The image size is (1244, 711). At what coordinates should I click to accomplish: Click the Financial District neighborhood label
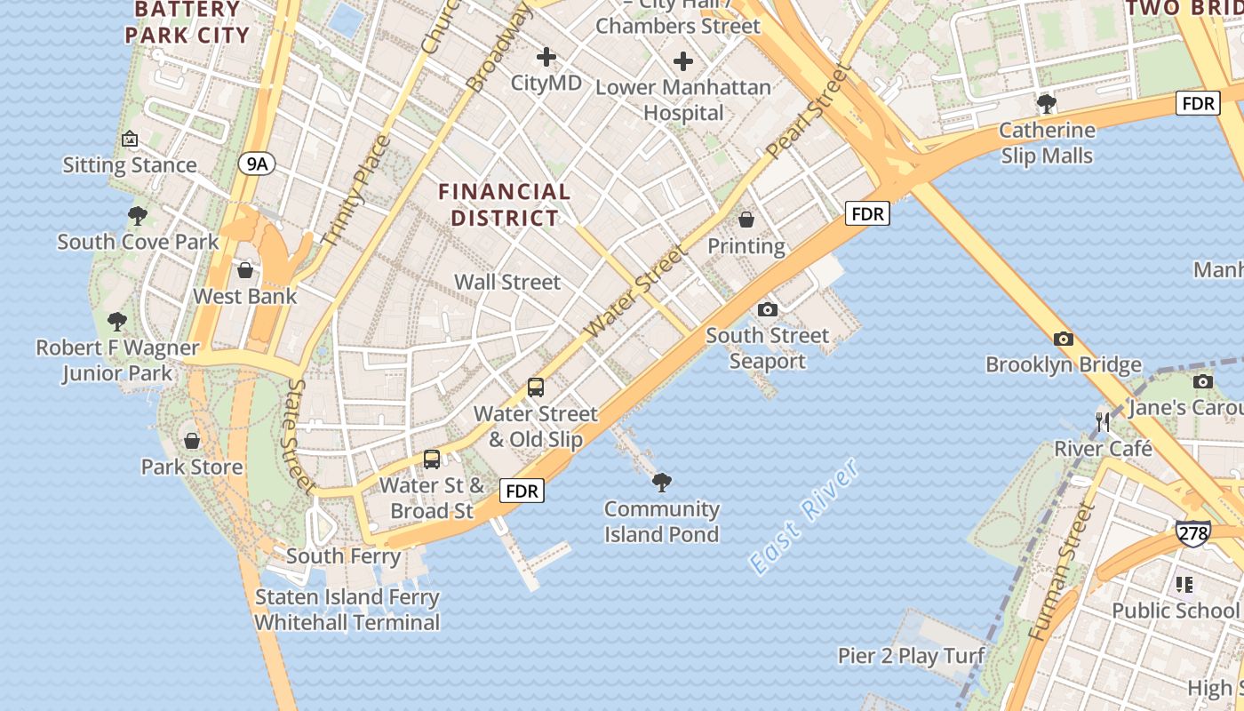[x=505, y=204]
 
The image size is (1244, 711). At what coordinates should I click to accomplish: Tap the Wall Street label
[x=507, y=282]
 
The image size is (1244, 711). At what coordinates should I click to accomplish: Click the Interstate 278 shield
[x=1192, y=532]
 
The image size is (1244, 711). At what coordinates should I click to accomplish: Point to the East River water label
[x=803, y=515]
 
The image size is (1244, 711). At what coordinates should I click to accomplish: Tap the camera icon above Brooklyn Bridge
[x=1063, y=339]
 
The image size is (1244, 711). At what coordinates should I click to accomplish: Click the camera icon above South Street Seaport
[x=768, y=309]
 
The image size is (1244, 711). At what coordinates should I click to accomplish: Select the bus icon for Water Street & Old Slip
[x=535, y=387]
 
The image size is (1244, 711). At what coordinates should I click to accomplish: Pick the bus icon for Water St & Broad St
[x=432, y=459]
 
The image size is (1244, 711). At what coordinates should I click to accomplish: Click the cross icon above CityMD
[x=546, y=58]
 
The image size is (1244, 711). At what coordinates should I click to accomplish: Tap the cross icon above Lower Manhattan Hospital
[x=682, y=61]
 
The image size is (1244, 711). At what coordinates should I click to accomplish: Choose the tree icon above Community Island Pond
[x=661, y=483]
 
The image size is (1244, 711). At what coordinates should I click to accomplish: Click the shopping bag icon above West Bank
[x=245, y=270]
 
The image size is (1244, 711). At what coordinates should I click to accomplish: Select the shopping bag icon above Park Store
[x=192, y=441]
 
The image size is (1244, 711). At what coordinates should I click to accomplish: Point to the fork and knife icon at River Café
[x=1103, y=422]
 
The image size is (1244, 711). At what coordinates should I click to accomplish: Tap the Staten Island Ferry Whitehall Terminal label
[x=347, y=610]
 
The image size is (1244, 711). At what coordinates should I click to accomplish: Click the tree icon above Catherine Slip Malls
[x=1047, y=104]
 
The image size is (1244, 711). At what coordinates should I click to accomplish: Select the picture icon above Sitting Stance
[x=130, y=139]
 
